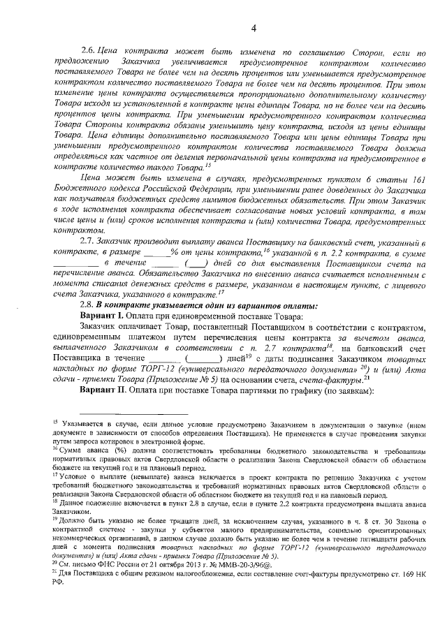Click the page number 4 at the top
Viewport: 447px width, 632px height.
click(253, 28)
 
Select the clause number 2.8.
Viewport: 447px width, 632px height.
click(89, 306)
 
